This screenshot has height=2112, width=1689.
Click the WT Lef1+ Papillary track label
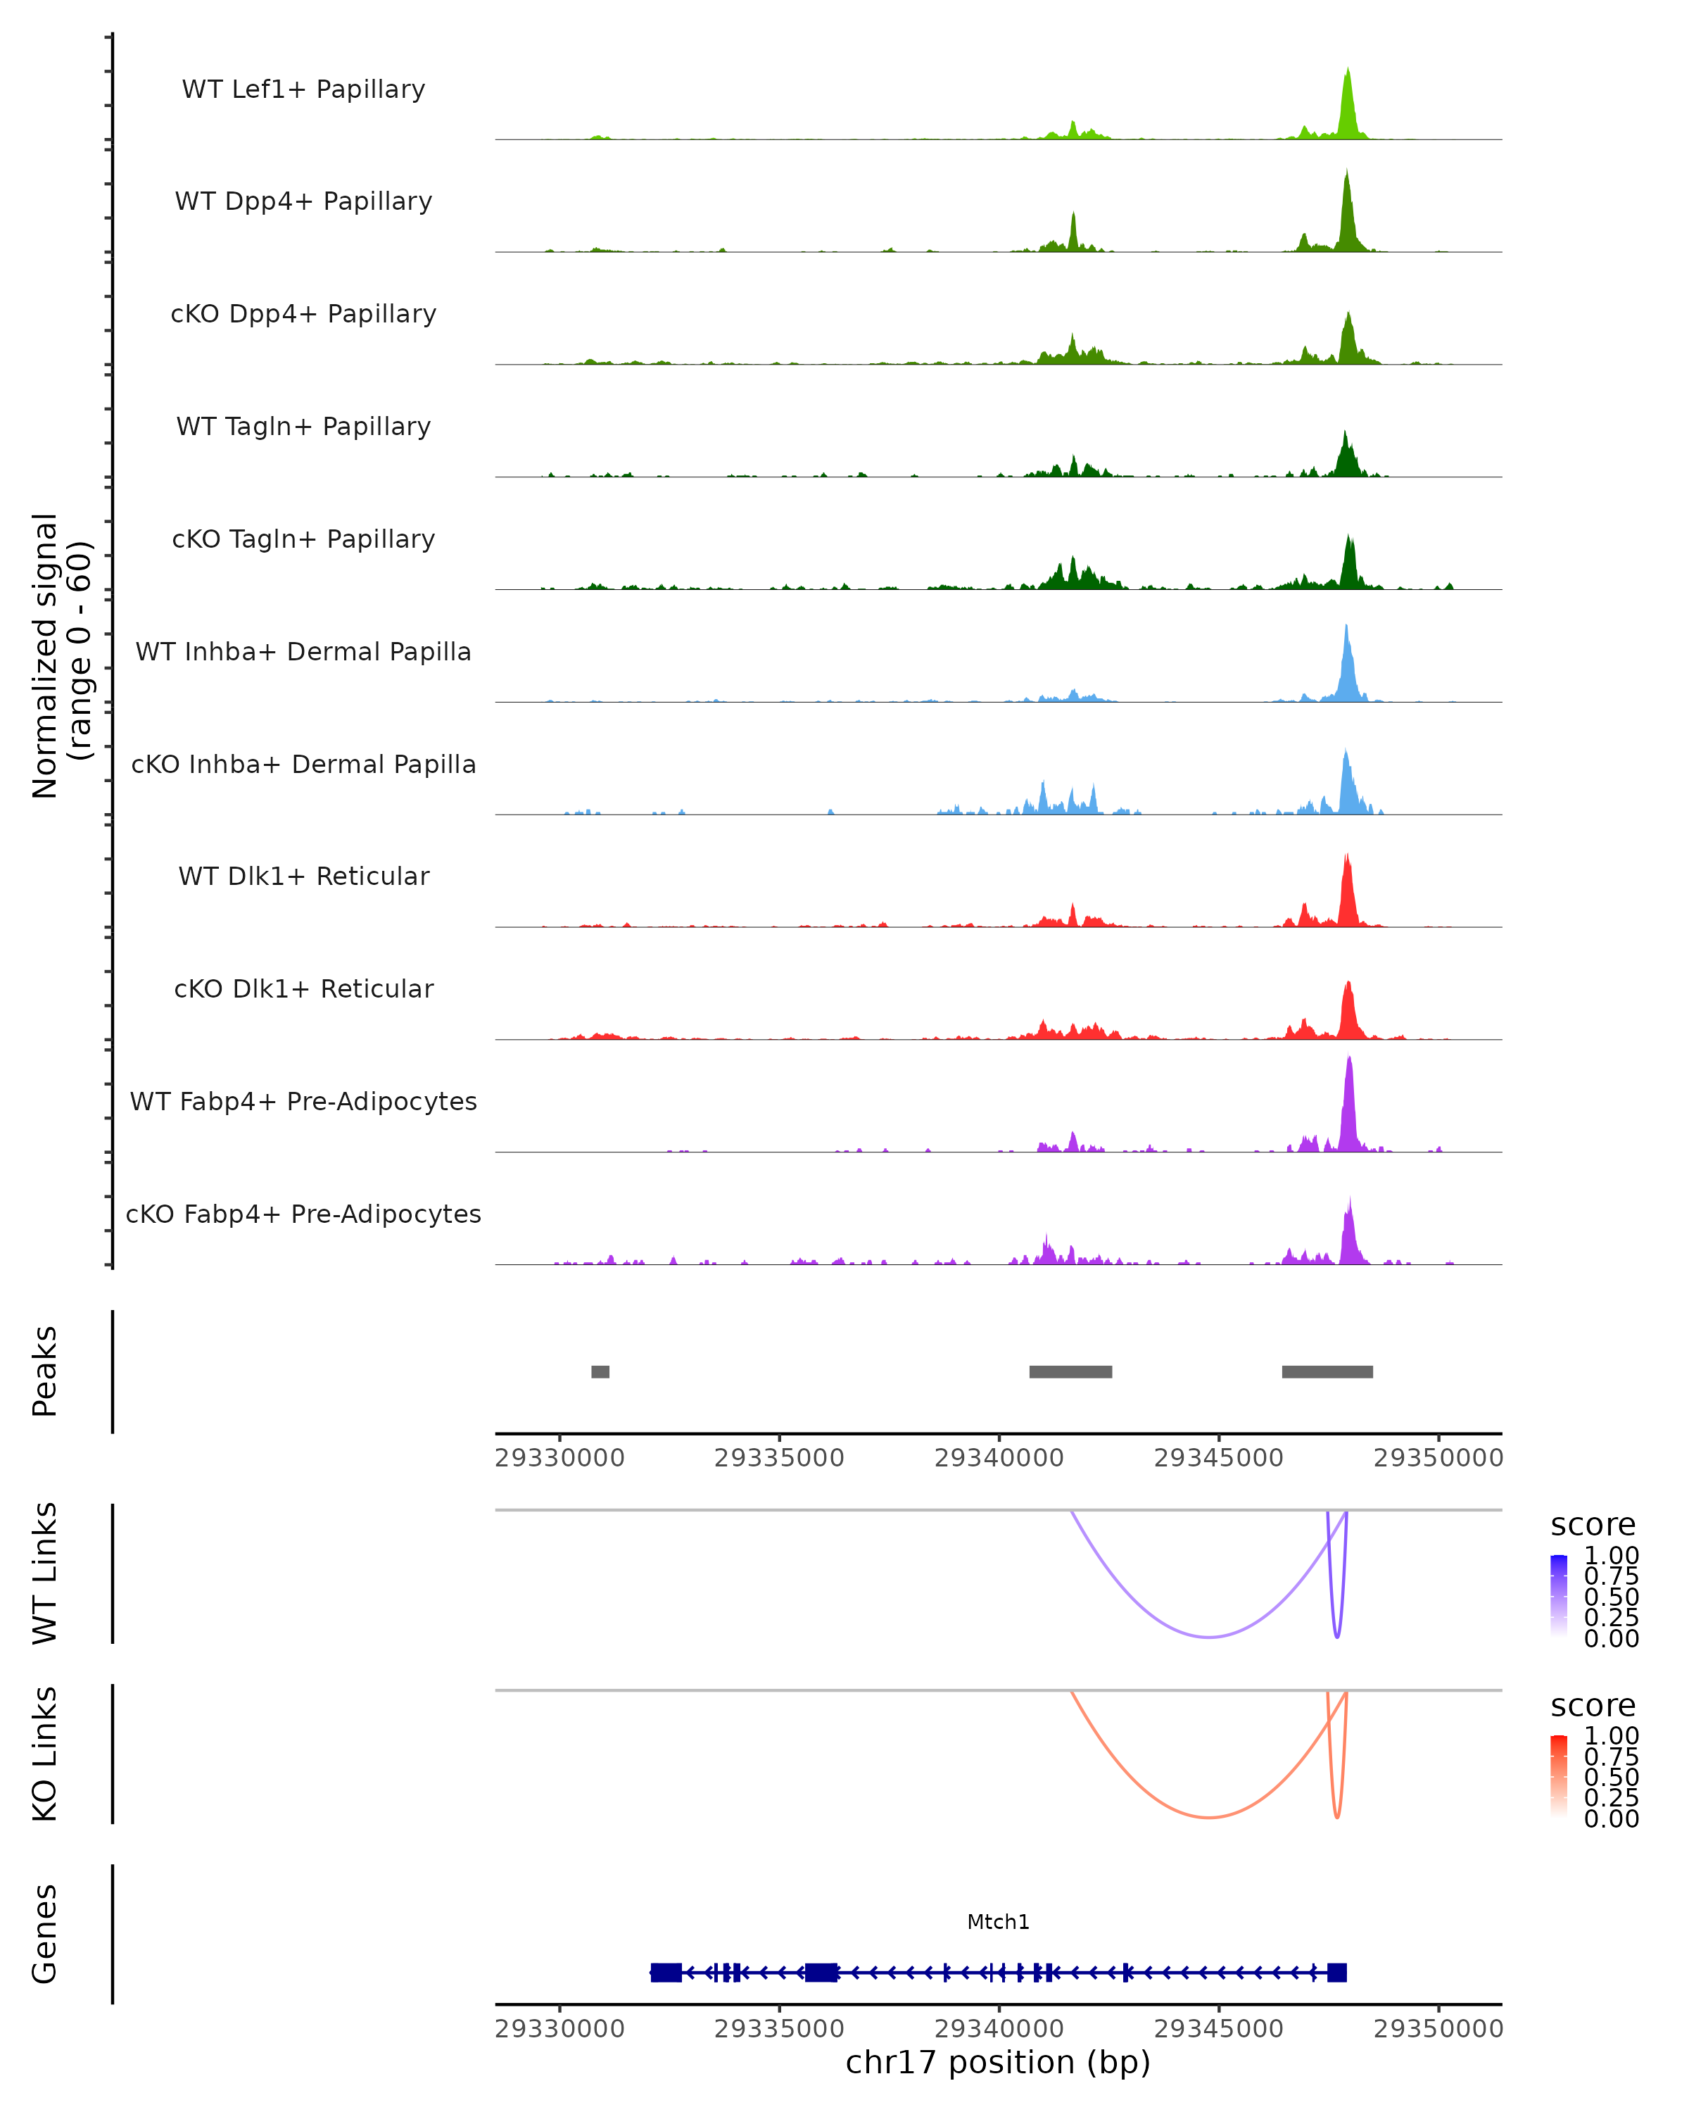[x=303, y=89]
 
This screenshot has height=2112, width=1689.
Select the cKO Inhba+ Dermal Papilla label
[x=303, y=764]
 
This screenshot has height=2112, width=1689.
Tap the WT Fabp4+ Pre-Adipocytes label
[x=303, y=1101]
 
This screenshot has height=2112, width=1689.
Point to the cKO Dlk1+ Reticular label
[x=303, y=988]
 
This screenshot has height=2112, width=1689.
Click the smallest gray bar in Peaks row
[x=600, y=1371]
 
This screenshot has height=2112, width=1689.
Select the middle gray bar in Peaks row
[x=1070, y=1371]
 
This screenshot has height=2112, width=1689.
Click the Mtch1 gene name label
[x=998, y=1922]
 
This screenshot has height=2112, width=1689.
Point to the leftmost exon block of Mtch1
[x=666, y=1973]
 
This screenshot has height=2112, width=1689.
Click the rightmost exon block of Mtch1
[x=1336, y=1973]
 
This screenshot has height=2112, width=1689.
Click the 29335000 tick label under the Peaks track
[x=779, y=1458]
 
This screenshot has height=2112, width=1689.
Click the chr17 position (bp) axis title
[x=998, y=2062]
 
